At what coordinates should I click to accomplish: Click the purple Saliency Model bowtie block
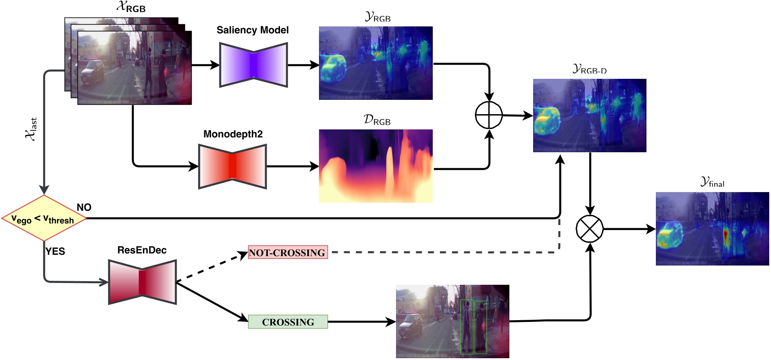tap(253, 65)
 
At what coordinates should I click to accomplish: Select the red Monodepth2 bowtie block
tap(233, 166)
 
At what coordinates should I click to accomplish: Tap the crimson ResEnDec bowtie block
tap(142, 282)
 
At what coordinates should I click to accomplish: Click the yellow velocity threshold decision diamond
tap(44, 219)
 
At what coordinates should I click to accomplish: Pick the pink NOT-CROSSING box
tap(288, 253)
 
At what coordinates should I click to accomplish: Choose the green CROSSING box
tap(288, 322)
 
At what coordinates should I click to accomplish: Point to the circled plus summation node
tap(489, 115)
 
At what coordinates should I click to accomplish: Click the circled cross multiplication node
tap(590, 229)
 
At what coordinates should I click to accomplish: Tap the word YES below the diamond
tap(55, 252)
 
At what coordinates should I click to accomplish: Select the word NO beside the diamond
tap(84, 207)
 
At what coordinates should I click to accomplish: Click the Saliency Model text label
tap(253, 30)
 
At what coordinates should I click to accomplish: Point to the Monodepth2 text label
tap(233, 134)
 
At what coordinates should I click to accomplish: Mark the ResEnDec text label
tap(142, 250)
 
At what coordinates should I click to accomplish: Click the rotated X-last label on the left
tap(31, 129)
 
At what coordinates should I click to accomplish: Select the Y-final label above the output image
tap(712, 182)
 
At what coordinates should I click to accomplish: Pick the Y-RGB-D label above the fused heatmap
tap(590, 69)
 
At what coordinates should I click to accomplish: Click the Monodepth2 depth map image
tap(375, 166)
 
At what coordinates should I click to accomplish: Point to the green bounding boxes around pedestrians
tap(473, 327)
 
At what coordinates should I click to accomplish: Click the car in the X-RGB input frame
tap(93, 72)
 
